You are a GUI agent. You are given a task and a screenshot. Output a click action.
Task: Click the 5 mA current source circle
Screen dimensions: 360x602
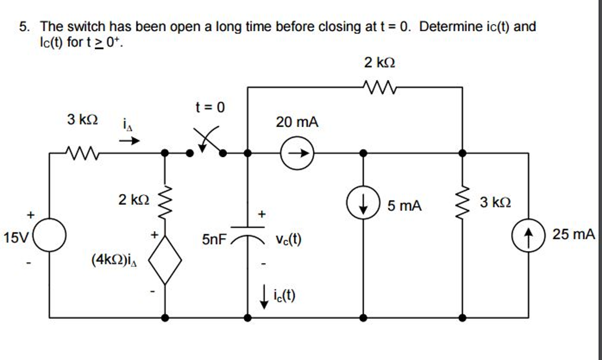(x=363, y=205)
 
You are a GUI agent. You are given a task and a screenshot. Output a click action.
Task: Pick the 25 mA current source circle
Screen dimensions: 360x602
(x=528, y=236)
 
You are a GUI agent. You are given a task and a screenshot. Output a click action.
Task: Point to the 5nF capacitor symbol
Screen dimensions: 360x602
(x=248, y=233)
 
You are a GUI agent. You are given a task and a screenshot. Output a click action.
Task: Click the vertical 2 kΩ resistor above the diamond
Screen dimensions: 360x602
(x=166, y=199)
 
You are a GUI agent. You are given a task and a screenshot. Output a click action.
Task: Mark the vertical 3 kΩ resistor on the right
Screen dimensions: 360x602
(x=463, y=203)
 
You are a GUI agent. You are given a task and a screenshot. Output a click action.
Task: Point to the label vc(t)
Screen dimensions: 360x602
(x=288, y=239)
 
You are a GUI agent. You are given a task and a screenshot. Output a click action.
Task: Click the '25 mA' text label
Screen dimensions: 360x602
(x=573, y=235)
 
